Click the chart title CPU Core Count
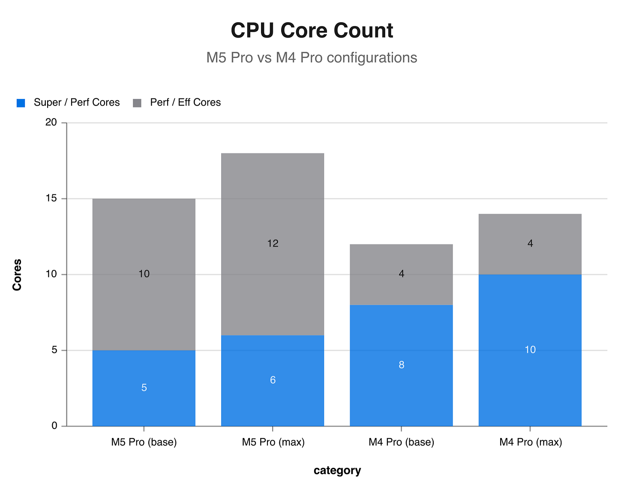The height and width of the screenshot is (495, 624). (x=312, y=31)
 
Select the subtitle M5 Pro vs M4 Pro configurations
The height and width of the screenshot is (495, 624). (x=312, y=57)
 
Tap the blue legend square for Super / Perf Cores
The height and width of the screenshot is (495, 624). (x=21, y=103)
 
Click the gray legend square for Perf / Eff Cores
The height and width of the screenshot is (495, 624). (x=137, y=103)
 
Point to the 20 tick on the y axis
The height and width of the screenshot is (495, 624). (x=51, y=122)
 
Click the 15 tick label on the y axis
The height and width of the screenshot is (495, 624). (x=51, y=199)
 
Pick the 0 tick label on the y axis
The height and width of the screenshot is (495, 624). (x=54, y=426)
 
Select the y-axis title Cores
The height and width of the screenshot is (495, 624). (x=17, y=274)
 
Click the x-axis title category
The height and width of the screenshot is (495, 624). (x=337, y=471)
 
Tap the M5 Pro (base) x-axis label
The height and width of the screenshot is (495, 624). (x=144, y=442)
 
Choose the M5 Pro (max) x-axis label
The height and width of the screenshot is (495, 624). (x=273, y=442)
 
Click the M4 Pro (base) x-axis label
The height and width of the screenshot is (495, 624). (x=402, y=442)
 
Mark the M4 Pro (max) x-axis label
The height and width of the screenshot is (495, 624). (x=531, y=442)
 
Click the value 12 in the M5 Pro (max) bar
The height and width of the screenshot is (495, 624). (x=273, y=244)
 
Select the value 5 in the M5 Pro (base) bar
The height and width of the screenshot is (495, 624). (x=144, y=388)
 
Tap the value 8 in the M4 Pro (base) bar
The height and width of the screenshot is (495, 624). (x=402, y=365)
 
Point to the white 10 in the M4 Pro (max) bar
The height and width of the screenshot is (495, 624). (x=530, y=350)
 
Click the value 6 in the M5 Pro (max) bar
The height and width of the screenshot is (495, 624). (x=273, y=380)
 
